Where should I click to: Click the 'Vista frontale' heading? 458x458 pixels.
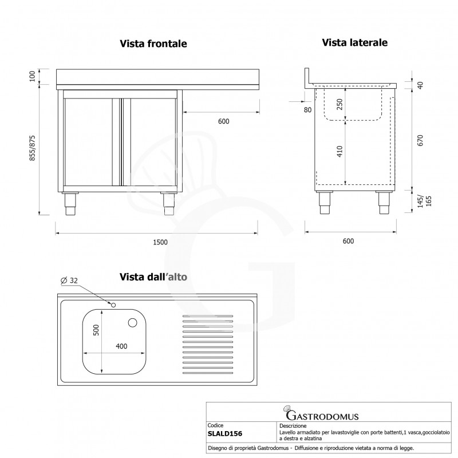coord(153,44)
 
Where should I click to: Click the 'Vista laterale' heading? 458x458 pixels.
coord(355,42)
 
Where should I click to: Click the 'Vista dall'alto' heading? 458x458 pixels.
coord(153,277)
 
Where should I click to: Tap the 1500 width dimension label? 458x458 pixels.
coord(160,242)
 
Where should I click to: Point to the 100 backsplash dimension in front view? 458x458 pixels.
coord(32,76)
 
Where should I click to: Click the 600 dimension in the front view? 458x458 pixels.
coord(223,121)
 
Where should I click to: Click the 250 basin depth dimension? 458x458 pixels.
coord(339,104)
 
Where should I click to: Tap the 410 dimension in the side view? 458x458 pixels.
coord(339,152)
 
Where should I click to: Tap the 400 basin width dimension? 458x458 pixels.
coord(121,346)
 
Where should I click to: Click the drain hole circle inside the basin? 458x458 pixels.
coord(133,323)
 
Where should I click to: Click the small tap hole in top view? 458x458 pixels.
coord(114,305)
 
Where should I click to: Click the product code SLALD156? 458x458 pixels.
coord(225,433)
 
